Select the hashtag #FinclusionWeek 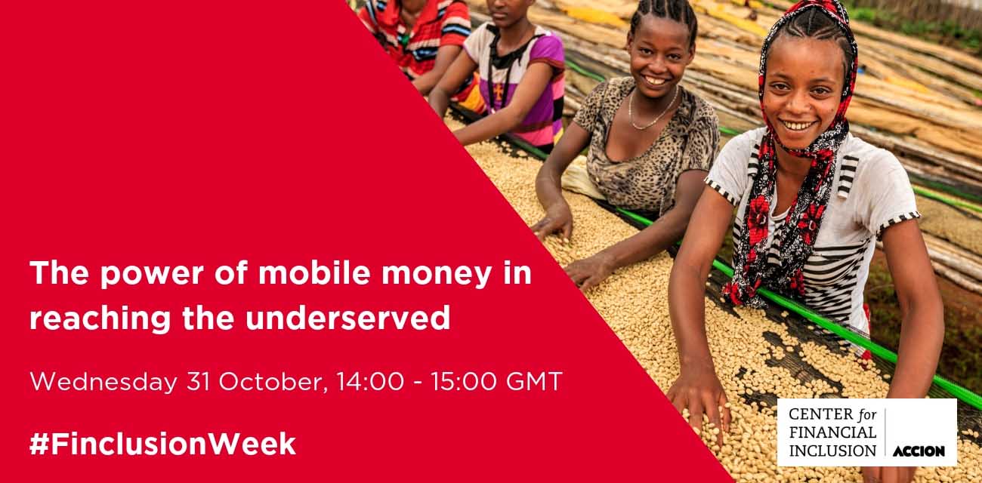[162, 444]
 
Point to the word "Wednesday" [102, 381]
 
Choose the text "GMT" [534, 381]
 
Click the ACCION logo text [919, 451]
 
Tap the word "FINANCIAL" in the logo [832, 432]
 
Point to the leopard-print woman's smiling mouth [654, 79]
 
